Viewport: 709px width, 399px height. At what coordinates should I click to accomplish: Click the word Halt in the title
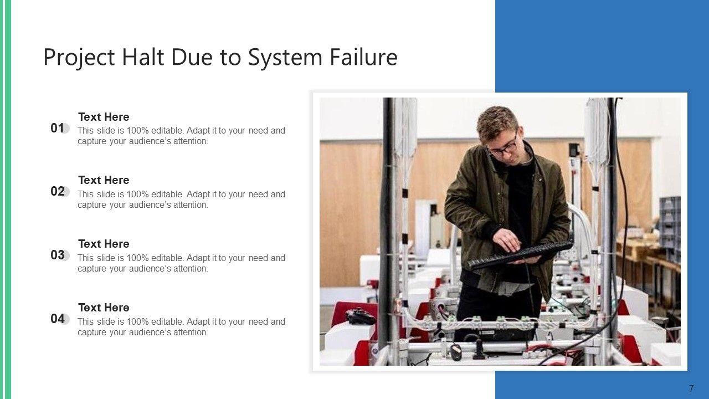pos(143,57)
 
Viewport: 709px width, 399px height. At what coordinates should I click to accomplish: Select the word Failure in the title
pos(363,57)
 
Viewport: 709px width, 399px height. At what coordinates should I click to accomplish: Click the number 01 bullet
pos(57,128)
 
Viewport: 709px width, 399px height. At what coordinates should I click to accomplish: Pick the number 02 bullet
pos(57,191)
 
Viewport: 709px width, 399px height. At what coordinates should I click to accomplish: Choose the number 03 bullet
pos(57,255)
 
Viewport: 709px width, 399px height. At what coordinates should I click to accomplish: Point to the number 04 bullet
pos(57,319)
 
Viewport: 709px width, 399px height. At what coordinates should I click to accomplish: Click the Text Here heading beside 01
pos(104,117)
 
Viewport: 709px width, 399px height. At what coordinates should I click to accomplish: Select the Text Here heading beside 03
pos(104,244)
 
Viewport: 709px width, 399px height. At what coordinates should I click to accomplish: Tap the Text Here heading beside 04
pos(104,308)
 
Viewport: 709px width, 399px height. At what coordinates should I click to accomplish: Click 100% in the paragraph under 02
pos(137,194)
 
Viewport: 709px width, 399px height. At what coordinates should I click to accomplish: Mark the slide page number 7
pos(691,388)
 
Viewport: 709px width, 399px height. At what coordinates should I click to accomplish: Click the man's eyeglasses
pos(504,148)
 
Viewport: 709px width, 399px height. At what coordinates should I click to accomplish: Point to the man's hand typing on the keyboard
pos(507,240)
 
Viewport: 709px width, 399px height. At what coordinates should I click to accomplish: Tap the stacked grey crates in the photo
pos(670,224)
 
